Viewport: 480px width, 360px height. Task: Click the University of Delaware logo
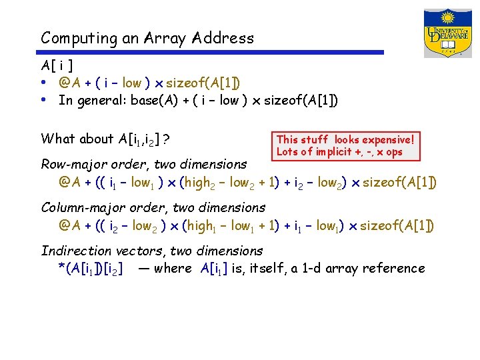447,33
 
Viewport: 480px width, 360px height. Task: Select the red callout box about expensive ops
345,145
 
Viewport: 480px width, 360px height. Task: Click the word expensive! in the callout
389,139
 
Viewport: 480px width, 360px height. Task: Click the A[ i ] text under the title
57,66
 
